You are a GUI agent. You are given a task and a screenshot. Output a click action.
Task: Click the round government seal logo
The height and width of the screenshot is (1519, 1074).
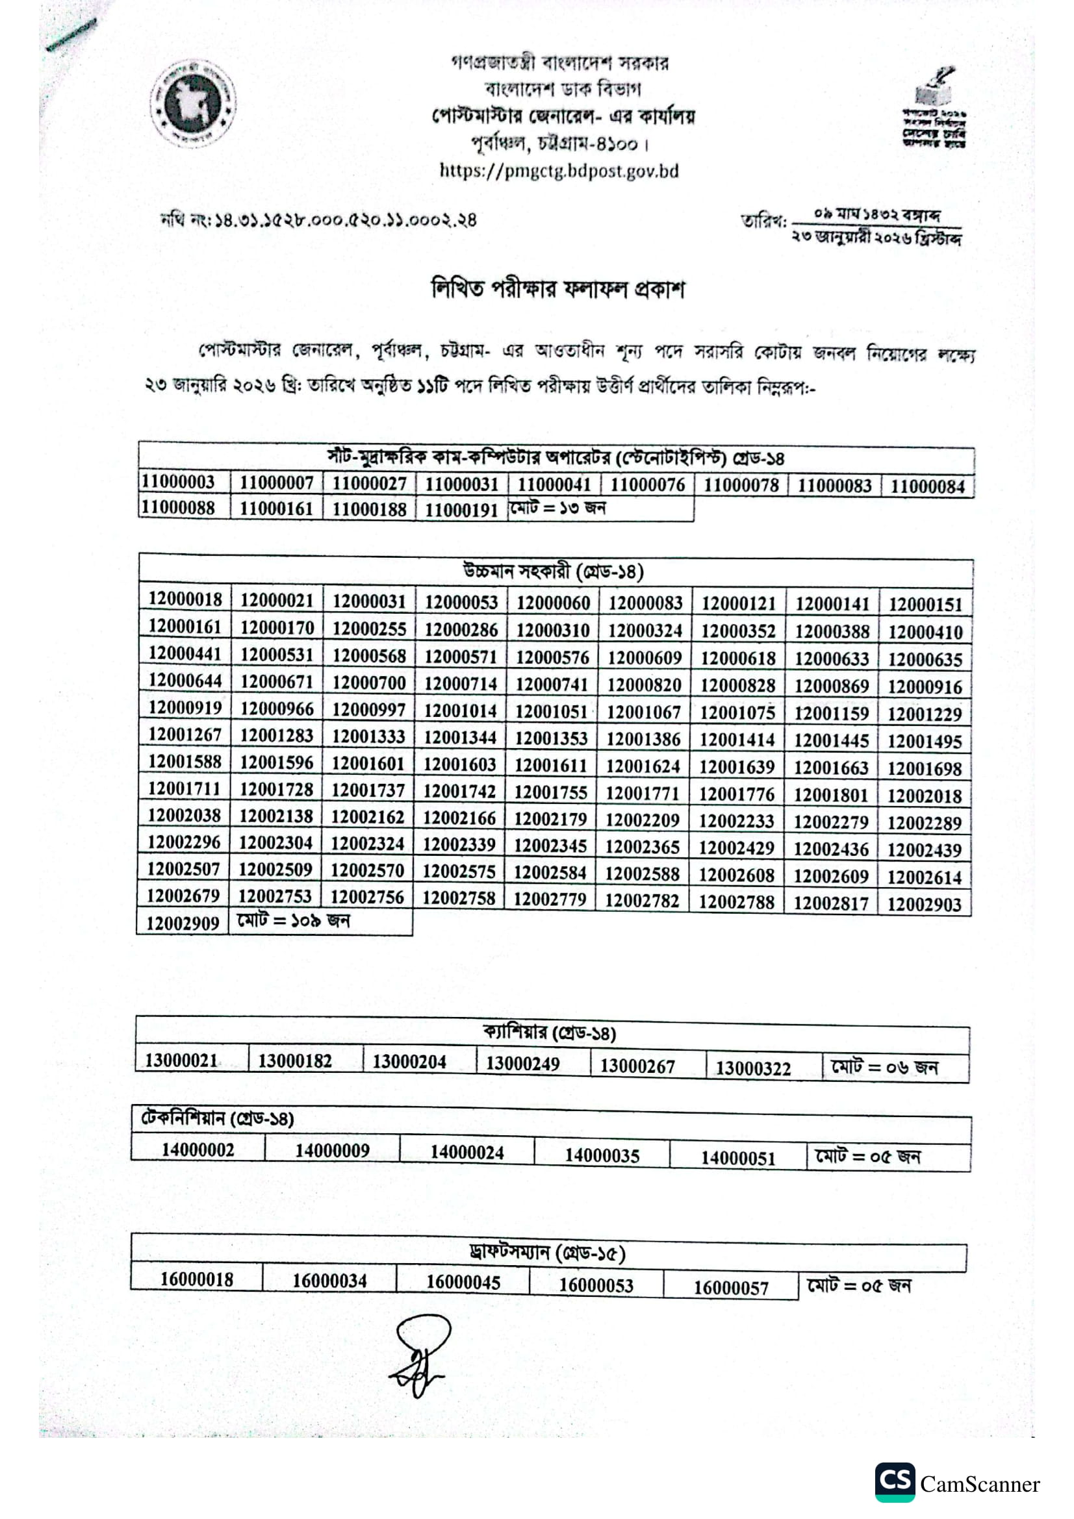click(x=192, y=103)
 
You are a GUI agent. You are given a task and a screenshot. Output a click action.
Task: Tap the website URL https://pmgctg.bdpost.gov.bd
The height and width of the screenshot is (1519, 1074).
click(x=559, y=171)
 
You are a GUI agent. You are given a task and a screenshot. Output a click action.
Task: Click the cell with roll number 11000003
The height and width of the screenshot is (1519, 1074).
click(x=178, y=482)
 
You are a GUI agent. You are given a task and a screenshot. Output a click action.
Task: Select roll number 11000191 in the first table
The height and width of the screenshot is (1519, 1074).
click(x=461, y=509)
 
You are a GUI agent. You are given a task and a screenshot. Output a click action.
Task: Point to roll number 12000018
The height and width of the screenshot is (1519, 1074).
click(x=185, y=599)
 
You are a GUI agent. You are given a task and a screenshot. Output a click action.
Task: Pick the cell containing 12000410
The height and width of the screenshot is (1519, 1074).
click(x=925, y=632)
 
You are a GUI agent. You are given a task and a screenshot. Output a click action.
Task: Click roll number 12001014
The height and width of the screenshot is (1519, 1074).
click(x=460, y=710)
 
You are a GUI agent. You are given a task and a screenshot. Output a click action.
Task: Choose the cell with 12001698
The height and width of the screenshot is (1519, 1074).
click(x=925, y=769)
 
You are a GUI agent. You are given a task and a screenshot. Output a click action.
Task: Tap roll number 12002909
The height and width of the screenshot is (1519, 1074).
click(x=183, y=923)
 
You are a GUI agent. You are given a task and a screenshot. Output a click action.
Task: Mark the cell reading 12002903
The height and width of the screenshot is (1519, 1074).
click(x=925, y=905)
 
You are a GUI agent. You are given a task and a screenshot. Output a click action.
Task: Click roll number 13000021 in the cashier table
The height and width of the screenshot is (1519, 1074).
click(x=181, y=1061)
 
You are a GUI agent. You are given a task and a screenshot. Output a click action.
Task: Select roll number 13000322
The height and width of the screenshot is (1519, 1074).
click(x=753, y=1068)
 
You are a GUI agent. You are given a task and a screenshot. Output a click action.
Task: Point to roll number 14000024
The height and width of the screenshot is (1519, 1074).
click(x=467, y=1153)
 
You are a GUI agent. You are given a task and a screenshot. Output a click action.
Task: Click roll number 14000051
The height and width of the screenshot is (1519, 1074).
click(x=738, y=1158)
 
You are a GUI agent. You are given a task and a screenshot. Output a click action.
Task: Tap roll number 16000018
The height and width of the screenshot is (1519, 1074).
click(x=196, y=1279)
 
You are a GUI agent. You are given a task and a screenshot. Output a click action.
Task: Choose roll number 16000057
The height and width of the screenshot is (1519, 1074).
click(x=731, y=1287)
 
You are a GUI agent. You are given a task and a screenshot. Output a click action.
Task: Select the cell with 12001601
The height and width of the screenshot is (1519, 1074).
click(x=368, y=764)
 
